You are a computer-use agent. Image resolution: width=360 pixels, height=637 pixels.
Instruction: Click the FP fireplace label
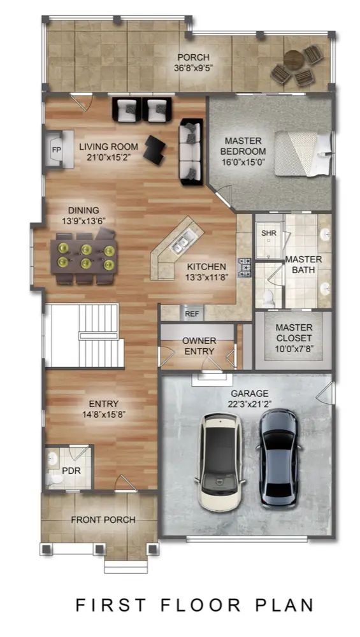56,150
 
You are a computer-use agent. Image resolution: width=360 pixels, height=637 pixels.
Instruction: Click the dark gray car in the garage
278,458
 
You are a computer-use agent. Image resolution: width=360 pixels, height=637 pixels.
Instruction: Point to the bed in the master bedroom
303,154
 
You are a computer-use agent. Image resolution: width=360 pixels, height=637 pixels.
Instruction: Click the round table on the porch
294,61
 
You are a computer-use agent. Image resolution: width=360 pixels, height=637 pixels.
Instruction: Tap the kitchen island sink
179,244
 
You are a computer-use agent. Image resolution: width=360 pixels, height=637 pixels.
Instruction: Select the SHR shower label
269,233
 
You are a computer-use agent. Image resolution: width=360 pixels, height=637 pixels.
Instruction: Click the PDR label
71,471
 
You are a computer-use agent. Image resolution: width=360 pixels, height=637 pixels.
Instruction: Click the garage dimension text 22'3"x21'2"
250,404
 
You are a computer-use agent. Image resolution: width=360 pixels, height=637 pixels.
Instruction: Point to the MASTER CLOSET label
294,333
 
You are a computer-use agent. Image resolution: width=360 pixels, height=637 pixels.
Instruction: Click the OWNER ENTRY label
199,346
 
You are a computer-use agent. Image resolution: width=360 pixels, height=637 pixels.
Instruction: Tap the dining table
85,257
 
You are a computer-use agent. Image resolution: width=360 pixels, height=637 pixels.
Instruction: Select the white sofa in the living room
191,152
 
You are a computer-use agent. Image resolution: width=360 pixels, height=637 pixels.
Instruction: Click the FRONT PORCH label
103,520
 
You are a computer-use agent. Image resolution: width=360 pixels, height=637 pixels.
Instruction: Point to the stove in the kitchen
245,268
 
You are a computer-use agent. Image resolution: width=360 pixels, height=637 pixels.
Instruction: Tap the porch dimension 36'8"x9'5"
194,68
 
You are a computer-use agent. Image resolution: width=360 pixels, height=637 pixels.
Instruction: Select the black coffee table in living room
155,149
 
